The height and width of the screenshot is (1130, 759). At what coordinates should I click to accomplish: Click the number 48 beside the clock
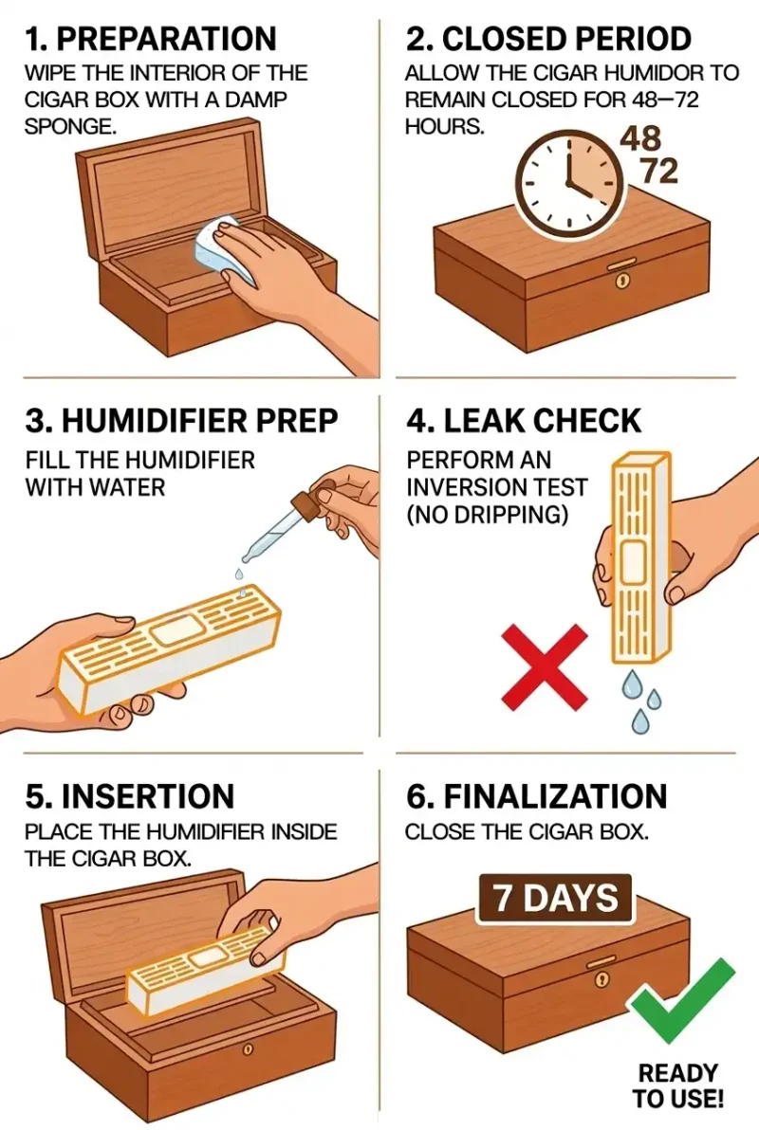point(640,138)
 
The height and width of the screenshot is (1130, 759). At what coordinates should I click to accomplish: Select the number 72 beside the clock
point(658,172)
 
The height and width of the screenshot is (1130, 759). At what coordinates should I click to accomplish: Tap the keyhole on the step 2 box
point(622,282)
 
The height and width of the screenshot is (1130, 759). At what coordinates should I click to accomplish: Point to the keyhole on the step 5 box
point(248,1050)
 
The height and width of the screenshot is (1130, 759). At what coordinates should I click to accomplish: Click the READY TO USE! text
point(679,1086)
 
